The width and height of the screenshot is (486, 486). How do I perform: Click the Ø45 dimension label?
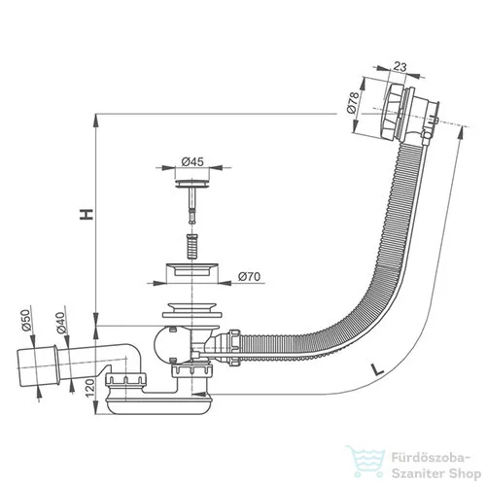pos(192,161)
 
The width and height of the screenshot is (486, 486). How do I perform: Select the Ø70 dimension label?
pos(249,277)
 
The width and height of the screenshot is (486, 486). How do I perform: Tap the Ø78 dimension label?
pos(353,102)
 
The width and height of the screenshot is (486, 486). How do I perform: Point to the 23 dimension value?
pos(400,67)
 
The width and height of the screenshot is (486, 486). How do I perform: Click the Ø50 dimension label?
pos(25,320)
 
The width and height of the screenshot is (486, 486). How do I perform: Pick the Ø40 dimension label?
pos(60,323)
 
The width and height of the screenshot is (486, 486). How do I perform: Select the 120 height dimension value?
pos(89,388)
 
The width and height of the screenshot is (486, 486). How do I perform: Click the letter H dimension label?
pos(87,215)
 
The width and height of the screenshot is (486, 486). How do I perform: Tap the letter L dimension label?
pos(377,369)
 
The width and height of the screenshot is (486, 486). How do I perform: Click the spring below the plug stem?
pos(192,246)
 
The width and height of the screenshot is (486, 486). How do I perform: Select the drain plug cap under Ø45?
pos(192,184)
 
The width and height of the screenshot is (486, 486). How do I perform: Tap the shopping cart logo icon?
pos(365,461)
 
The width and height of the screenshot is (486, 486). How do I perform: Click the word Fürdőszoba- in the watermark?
pos(431,459)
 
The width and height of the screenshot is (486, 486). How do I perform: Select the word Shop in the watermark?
pos(466,474)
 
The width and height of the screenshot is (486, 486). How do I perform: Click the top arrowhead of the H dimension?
pos(96,120)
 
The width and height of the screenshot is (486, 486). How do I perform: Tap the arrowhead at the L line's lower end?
pos(198,395)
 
